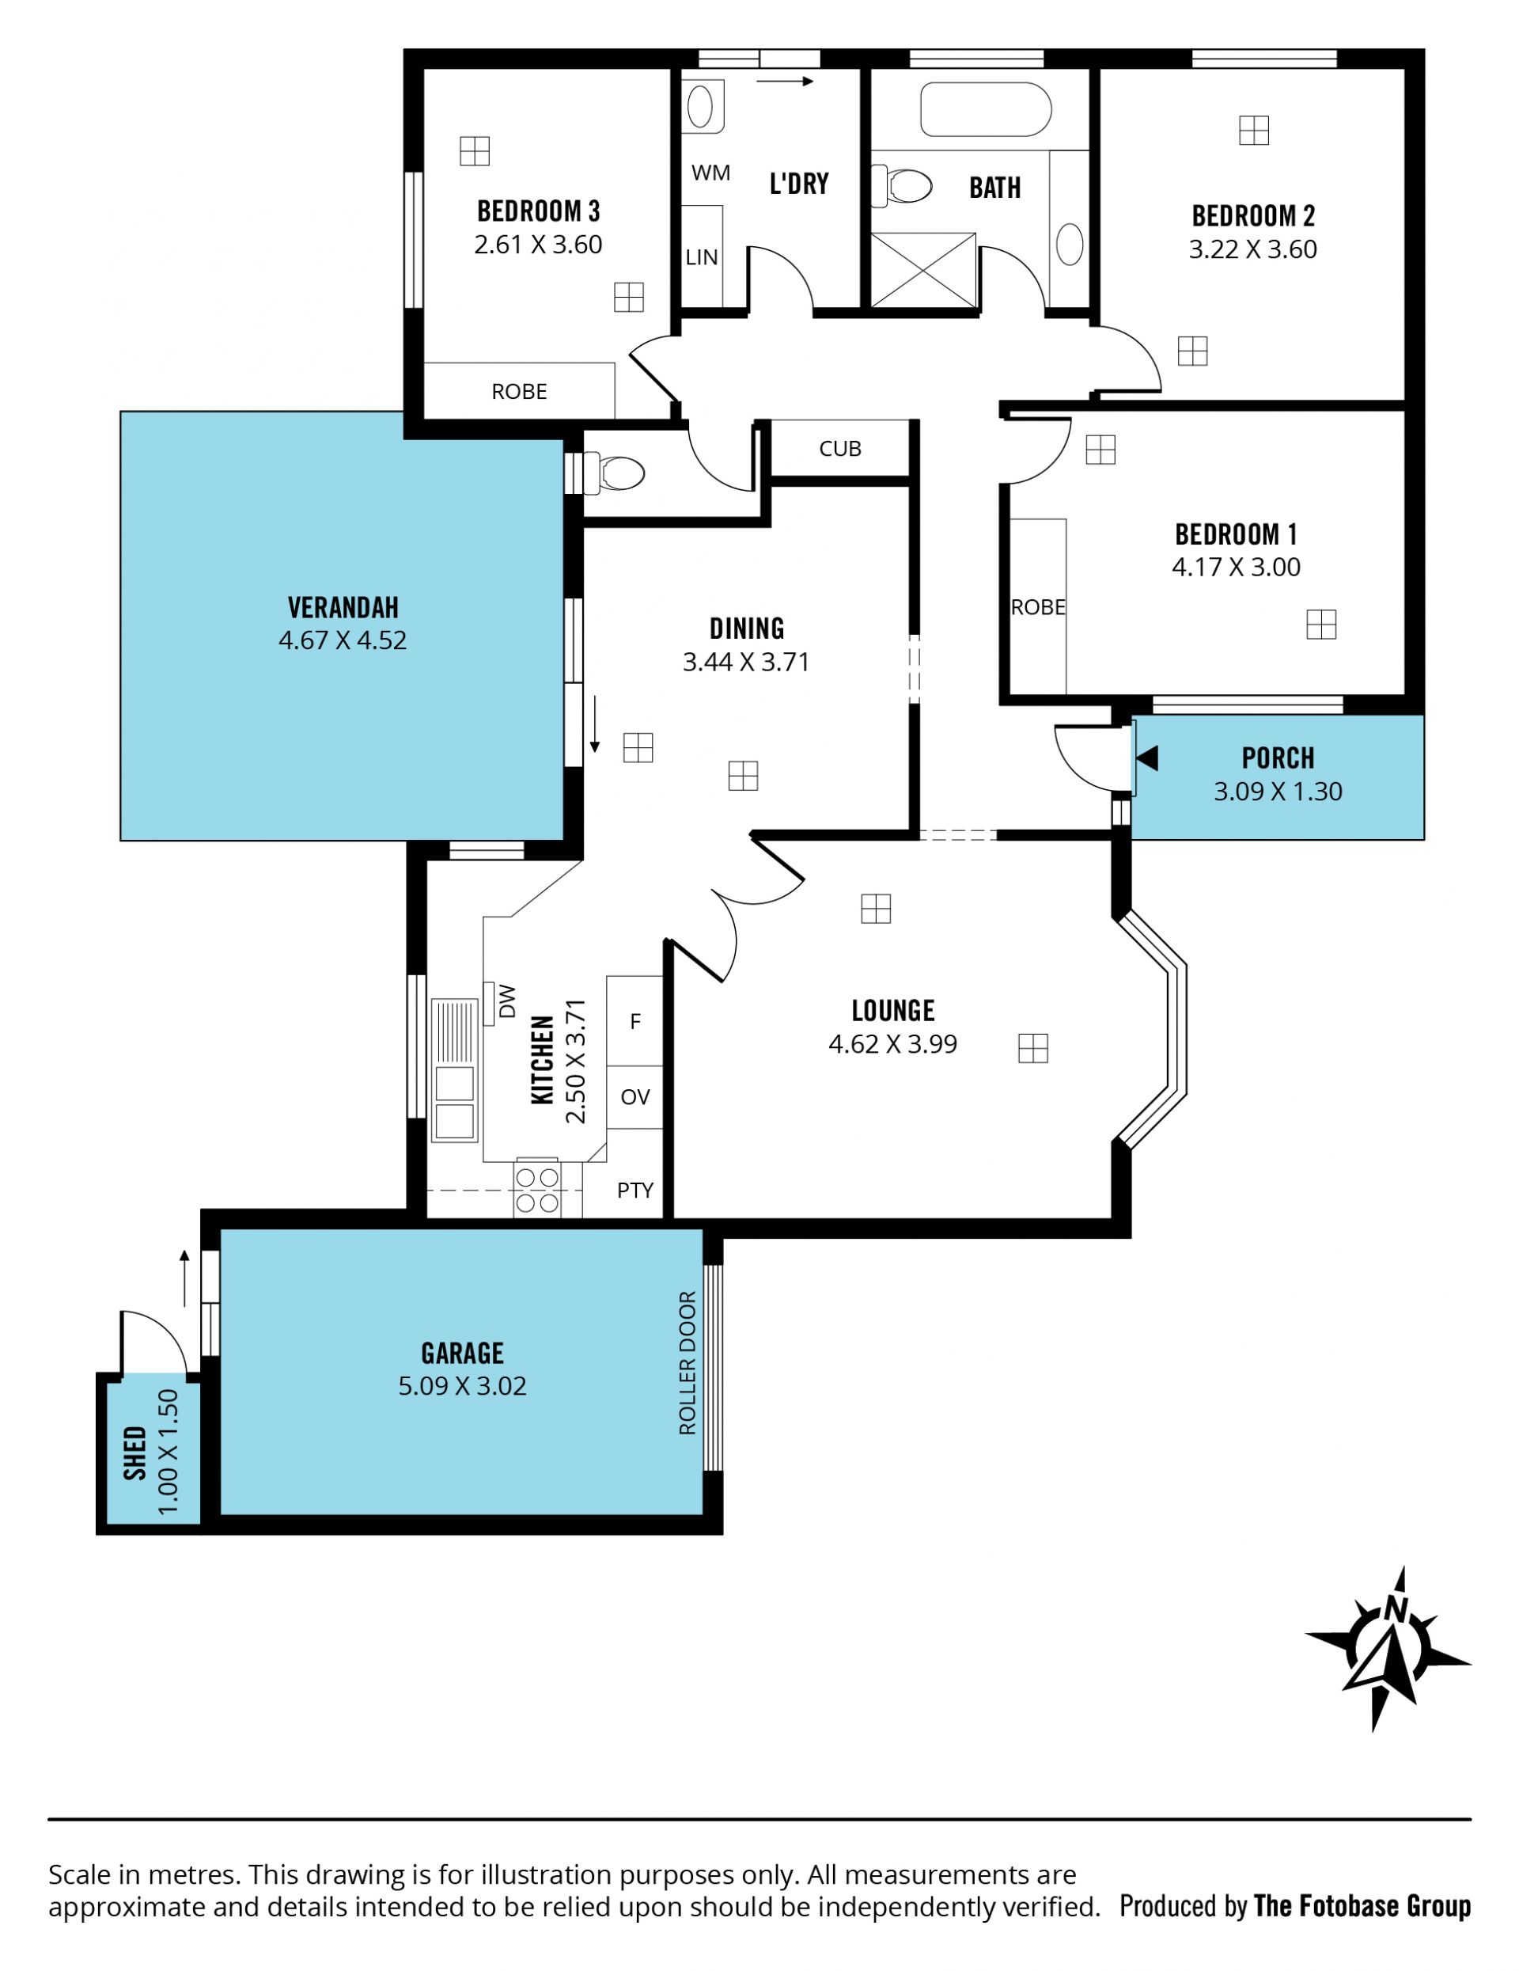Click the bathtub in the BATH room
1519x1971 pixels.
pyautogui.click(x=985, y=109)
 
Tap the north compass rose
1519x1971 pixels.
pyautogui.click(x=1388, y=1648)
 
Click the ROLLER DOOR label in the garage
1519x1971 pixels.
pyautogui.click(x=688, y=1363)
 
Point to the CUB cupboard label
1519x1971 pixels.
pyautogui.click(x=839, y=449)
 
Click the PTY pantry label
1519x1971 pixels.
pyautogui.click(x=635, y=1191)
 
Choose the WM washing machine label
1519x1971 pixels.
pyautogui.click(x=710, y=173)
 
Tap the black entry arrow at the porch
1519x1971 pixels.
pyautogui.click(x=1146, y=758)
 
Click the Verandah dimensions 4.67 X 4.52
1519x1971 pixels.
pyautogui.click(x=343, y=640)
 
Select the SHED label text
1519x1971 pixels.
pyautogui.click(x=135, y=1453)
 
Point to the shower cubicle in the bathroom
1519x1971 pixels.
pyautogui.click(x=922, y=270)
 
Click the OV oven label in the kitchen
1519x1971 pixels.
pyautogui.click(x=635, y=1096)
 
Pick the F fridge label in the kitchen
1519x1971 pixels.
pyautogui.click(x=635, y=1022)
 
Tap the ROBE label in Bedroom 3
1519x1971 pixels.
pyautogui.click(x=519, y=392)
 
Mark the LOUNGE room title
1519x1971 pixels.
pyautogui.click(x=893, y=1011)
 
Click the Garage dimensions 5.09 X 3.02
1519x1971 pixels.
pyautogui.click(x=462, y=1385)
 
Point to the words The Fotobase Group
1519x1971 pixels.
pyautogui.click(x=1362, y=1906)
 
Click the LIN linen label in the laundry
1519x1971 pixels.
pyautogui.click(x=702, y=257)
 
